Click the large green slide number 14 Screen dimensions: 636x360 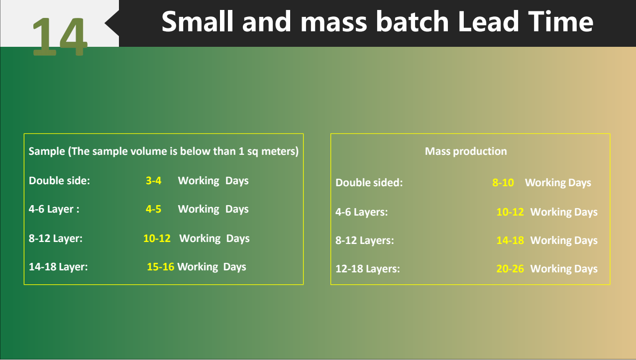pos(59,37)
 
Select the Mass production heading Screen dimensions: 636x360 pos(466,151)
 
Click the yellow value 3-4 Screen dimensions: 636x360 pos(153,181)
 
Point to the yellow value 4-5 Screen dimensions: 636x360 pos(153,209)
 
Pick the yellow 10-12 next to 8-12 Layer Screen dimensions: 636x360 pos(157,239)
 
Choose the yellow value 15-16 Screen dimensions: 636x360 pos(160,267)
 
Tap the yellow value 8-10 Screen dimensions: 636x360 pos(503,183)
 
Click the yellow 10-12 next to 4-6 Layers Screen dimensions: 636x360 pos(510,212)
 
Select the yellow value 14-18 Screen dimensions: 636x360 pos(510,240)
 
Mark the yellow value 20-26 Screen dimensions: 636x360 pos(510,269)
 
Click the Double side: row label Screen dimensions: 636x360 pos(59,181)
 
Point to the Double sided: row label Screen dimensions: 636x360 pos(369,183)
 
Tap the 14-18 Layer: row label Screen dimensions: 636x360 pos(58,267)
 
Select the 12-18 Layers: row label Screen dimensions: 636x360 pos(368,269)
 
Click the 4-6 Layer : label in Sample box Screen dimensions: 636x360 pos(54,210)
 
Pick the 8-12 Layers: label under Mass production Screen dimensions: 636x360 pos(365,240)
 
